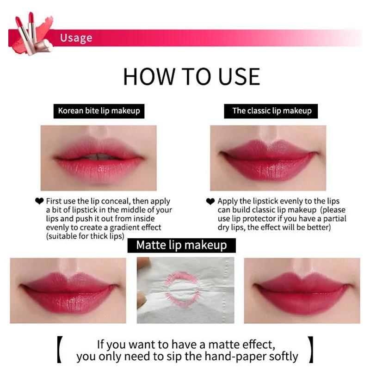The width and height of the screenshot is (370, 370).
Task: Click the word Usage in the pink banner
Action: tap(76, 38)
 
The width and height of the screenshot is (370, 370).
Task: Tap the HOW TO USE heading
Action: tap(191, 76)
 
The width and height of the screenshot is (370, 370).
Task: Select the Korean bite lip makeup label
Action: tap(99, 111)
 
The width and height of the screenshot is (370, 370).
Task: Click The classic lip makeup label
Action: tap(271, 111)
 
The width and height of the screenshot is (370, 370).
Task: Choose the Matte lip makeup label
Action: tap(181, 246)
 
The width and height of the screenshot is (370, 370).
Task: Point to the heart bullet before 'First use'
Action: tap(39, 201)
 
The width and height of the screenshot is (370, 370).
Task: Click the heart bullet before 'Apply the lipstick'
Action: tap(210, 201)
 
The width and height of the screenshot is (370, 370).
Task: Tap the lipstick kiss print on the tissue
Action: tap(182, 290)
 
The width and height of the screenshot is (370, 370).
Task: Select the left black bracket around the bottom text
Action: tap(60, 350)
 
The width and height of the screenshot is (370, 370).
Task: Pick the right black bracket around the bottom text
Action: tap(311, 350)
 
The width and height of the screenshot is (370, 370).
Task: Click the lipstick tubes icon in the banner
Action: tap(33, 33)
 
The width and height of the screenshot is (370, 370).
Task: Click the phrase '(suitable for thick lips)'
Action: tap(85, 236)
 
